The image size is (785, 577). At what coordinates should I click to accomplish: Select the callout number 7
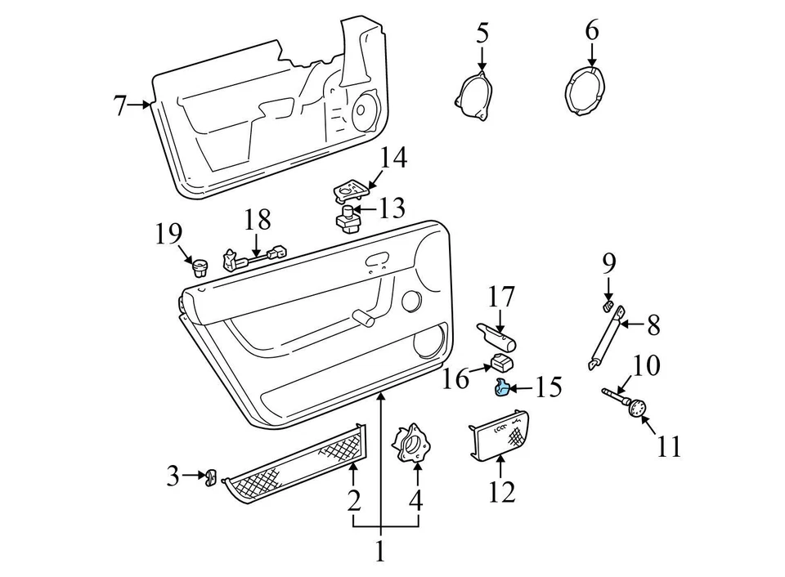click(x=120, y=106)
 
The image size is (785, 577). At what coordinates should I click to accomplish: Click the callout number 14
click(x=392, y=157)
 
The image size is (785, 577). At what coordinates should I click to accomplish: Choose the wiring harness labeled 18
click(x=256, y=257)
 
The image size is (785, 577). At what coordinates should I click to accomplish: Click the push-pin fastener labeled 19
click(x=197, y=266)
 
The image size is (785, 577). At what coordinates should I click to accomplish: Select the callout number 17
click(x=503, y=297)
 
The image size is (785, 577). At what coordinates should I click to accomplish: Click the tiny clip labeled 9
click(x=608, y=306)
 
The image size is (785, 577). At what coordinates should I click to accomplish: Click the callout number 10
click(x=646, y=365)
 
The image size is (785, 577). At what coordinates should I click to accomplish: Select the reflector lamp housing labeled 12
click(x=500, y=433)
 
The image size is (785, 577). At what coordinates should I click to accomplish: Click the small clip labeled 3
click(x=210, y=476)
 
